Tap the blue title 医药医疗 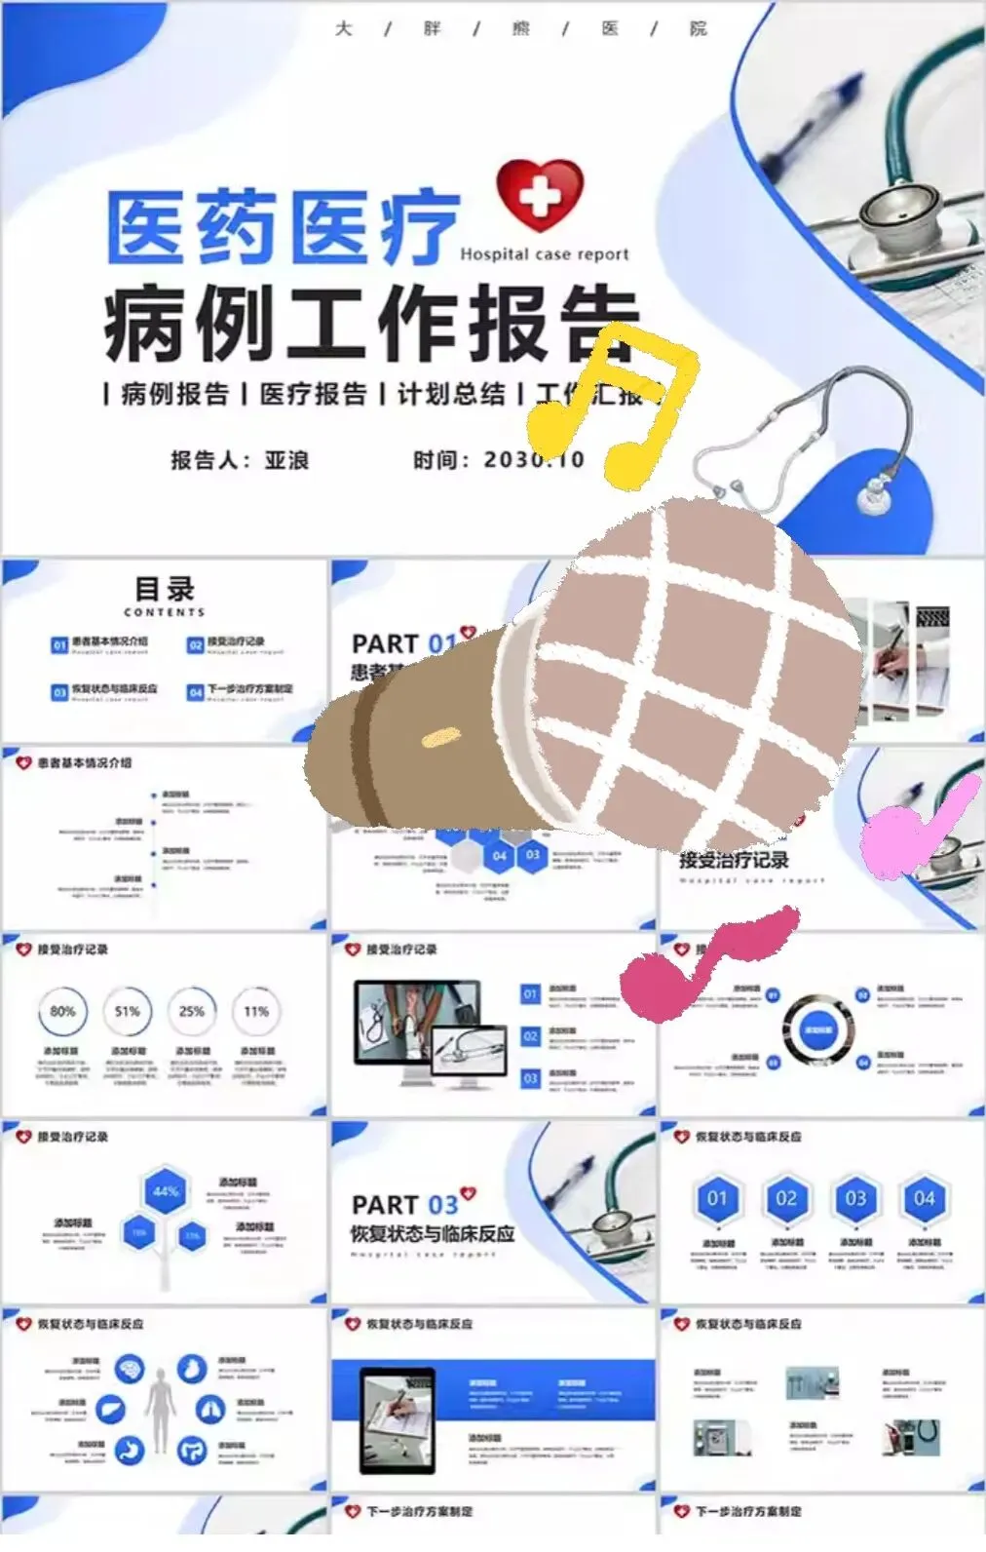282,227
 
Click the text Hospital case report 545,254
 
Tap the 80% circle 62,1012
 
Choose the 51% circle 127,1012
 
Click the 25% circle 192,1012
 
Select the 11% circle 256,1012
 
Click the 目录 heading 165,590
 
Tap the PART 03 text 404,1205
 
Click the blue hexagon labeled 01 717,1198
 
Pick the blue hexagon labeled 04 924,1198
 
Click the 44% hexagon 166,1191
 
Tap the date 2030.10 534,459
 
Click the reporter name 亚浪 286,460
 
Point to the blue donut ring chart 817,1030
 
